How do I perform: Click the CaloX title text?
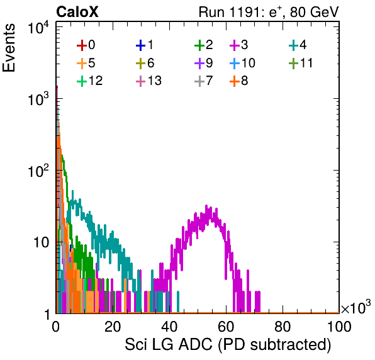pos(77,12)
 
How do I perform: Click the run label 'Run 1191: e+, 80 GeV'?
pos(269,12)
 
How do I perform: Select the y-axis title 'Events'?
pos(9,48)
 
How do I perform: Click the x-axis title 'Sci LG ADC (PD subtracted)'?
pos(228,345)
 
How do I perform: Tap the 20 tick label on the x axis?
pos(113,327)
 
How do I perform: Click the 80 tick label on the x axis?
pos(283,327)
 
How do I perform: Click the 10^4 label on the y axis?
pos(38,28)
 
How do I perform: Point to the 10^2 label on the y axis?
pos(38,171)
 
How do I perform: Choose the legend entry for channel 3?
pos(239,45)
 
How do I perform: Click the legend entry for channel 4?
pos(298,45)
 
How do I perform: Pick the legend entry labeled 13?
pos(148,81)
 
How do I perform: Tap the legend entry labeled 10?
pos(242,63)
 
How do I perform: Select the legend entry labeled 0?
pos(86,45)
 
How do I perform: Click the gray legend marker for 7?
pos(199,81)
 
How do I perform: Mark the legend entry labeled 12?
pos(90,81)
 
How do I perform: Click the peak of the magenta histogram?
pos(206,206)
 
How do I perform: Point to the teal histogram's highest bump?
pos(73,191)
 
